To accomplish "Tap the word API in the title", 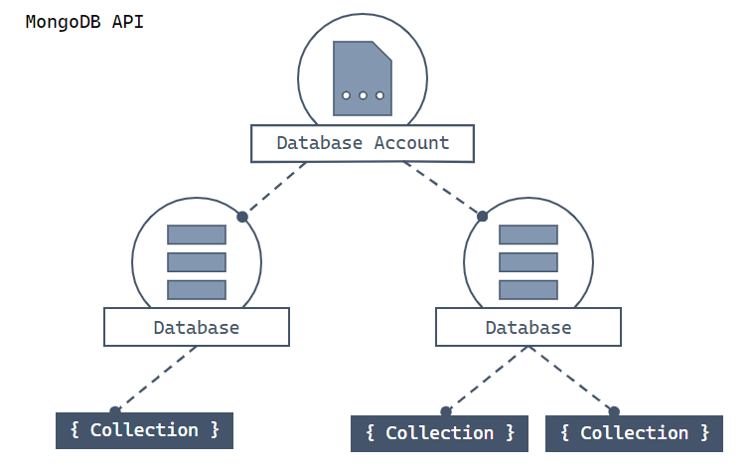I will pos(127,21).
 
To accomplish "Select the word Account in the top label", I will pos(411,142).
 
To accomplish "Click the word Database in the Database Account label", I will pos(320,142).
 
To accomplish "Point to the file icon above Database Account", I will pos(362,79).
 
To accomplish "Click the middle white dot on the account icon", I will pos(363,95).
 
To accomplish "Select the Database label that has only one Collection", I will pos(196,327).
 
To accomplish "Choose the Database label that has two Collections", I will pos(528,327).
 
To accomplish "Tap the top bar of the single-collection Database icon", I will pos(197,235).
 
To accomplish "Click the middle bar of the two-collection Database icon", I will pos(528,262).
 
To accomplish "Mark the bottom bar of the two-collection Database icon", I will pos(528,289).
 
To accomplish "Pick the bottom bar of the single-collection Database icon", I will pos(197,289).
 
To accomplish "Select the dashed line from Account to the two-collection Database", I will pos(443,188).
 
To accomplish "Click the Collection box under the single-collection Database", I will pos(144,430).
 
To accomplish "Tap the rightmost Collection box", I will pos(634,433).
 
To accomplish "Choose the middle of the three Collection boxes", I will pos(439,433).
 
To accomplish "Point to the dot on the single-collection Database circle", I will pos(241,216).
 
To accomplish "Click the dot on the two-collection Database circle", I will pos(483,216).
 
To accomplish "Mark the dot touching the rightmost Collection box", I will pos(614,410).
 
